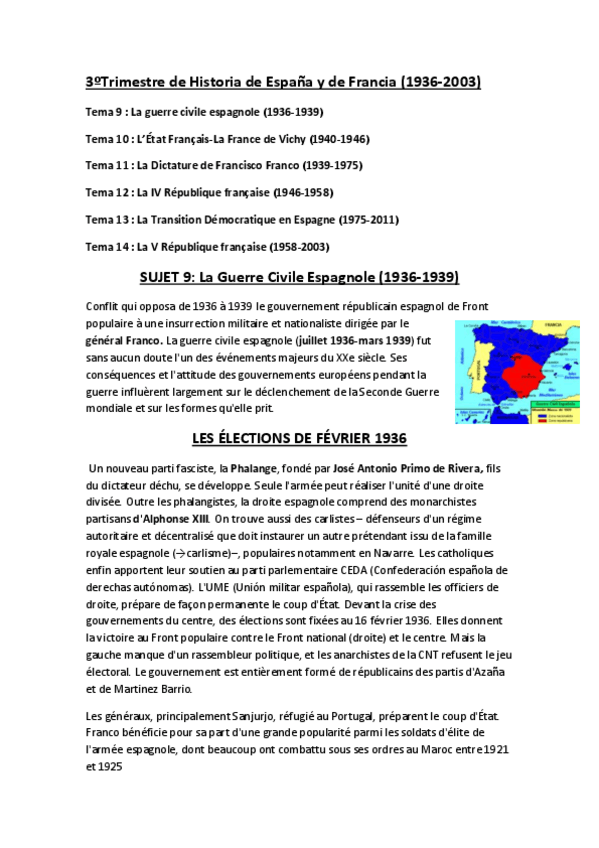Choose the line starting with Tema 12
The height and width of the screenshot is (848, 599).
click(209, 192)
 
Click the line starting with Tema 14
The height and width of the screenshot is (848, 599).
click(209, 246)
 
